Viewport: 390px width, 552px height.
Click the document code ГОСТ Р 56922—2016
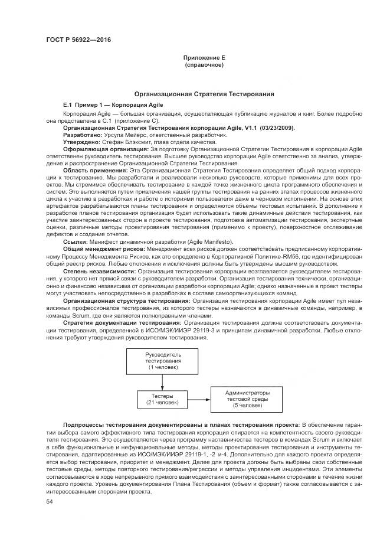coord(78,40)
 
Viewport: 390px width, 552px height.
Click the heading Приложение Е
coord(204,58)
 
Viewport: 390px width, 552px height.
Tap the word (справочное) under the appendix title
coord(204,65)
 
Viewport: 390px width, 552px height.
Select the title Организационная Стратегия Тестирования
coord(204,94)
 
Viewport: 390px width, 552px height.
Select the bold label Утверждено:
coord(81,142)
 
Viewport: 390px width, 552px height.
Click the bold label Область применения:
coord(95,170)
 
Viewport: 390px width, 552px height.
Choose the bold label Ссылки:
coord(74,242)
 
